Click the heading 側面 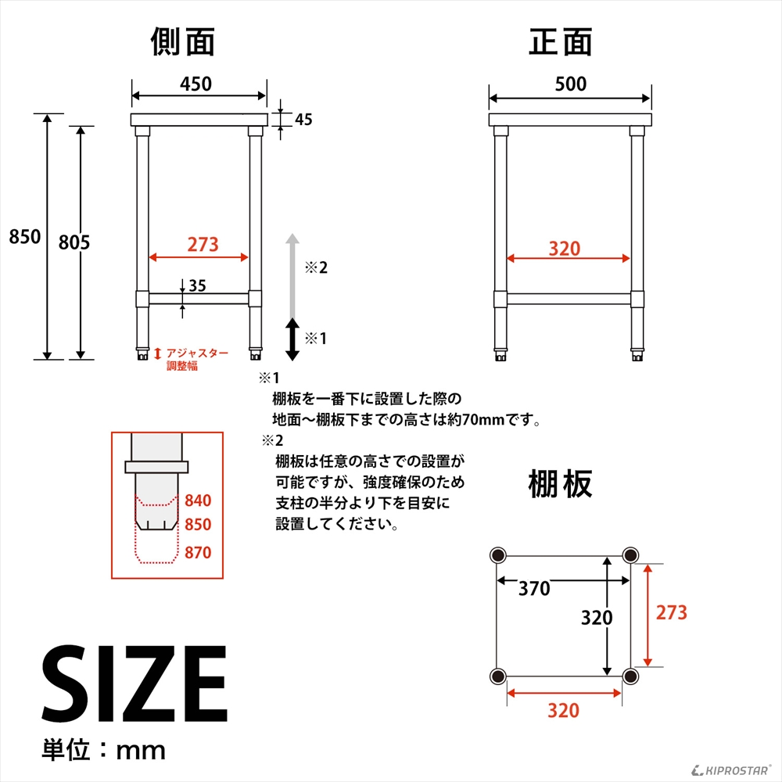182,42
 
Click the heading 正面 561,42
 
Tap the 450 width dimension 195,84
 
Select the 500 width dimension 570,84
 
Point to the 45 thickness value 303,120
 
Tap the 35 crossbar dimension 197,286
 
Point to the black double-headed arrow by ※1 292,339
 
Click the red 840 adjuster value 198,500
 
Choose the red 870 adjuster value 198,552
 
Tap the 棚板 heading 560,484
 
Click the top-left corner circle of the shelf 497,555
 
